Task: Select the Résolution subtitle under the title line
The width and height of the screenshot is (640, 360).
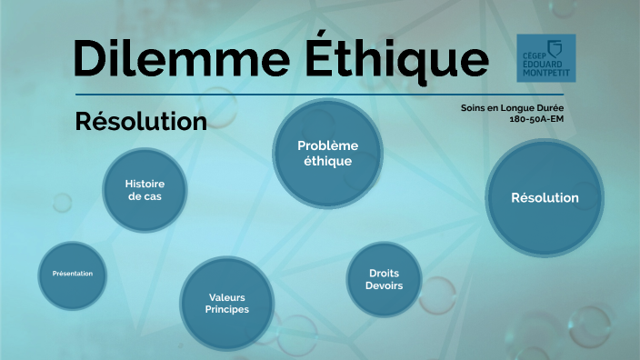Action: pyautogui.click(x=141, y=122)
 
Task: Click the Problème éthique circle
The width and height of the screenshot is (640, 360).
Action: pyautogui.click(x=328, y=153)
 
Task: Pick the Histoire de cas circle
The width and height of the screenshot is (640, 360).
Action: pyautogui.click(x=145, y=189)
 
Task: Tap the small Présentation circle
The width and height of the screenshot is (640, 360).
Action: pyautogui.click(x=73, y=274)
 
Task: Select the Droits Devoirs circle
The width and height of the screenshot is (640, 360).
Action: pyautogui.click(x=384, y=279)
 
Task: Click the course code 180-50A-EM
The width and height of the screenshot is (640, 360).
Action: pyautogui.click(x=536, y=119)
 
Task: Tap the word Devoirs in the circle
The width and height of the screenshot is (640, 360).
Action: pyautogui.click(x=384, y=286)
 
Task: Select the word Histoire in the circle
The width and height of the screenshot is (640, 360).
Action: pyautogui.click(x=145, y=183)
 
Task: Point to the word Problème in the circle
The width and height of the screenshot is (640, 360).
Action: pyautogui.click(x=328, y=145)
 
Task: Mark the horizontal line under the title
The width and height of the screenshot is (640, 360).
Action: pyautogui.click(x=319, y=95)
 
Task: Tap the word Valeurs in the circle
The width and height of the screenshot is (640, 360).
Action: pyautogui.click(x=227, y=296)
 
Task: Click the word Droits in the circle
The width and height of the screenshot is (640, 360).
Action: pyautogui.click(x=384, y=273)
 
